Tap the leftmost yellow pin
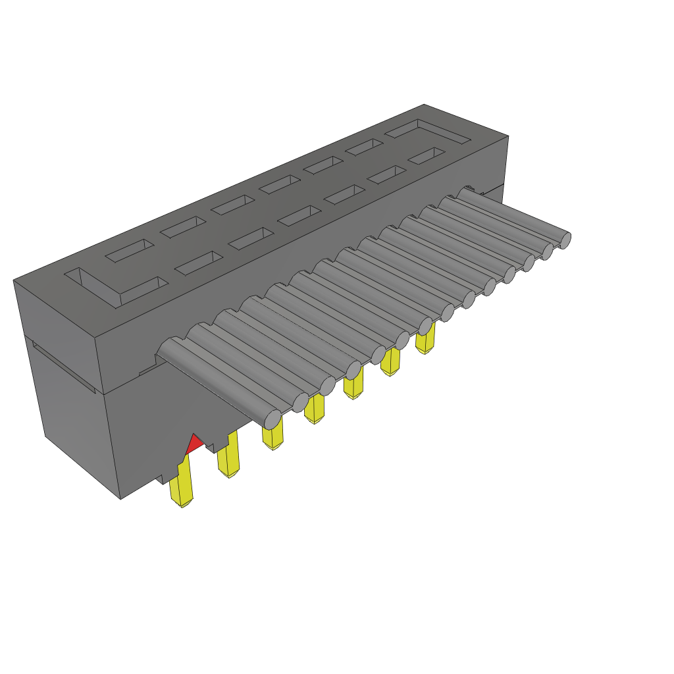(x=181, y=484)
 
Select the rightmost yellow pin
(x=426, y=340)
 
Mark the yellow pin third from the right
(x=353, y=385)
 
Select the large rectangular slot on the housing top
(x=428, y=132)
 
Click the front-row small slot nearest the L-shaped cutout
(x=199, y=263)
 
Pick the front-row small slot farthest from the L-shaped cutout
(x=426, y=156)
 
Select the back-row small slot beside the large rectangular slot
(x=364, y=147)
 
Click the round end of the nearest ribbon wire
(x=272, y=417)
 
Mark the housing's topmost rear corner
(x=424, y=105)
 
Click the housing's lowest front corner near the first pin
(x=121, y=498)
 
